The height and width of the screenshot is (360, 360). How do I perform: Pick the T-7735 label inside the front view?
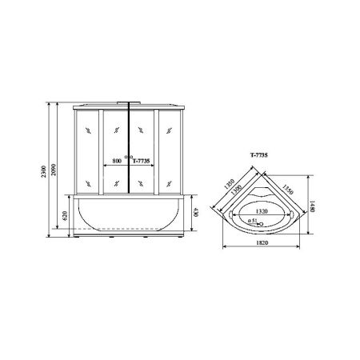[142, 161]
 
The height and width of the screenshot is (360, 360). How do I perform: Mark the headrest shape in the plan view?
[263, 194]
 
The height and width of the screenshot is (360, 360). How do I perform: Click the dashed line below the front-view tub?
[128, 228]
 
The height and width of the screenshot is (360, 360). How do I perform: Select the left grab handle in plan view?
[233, 214]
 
